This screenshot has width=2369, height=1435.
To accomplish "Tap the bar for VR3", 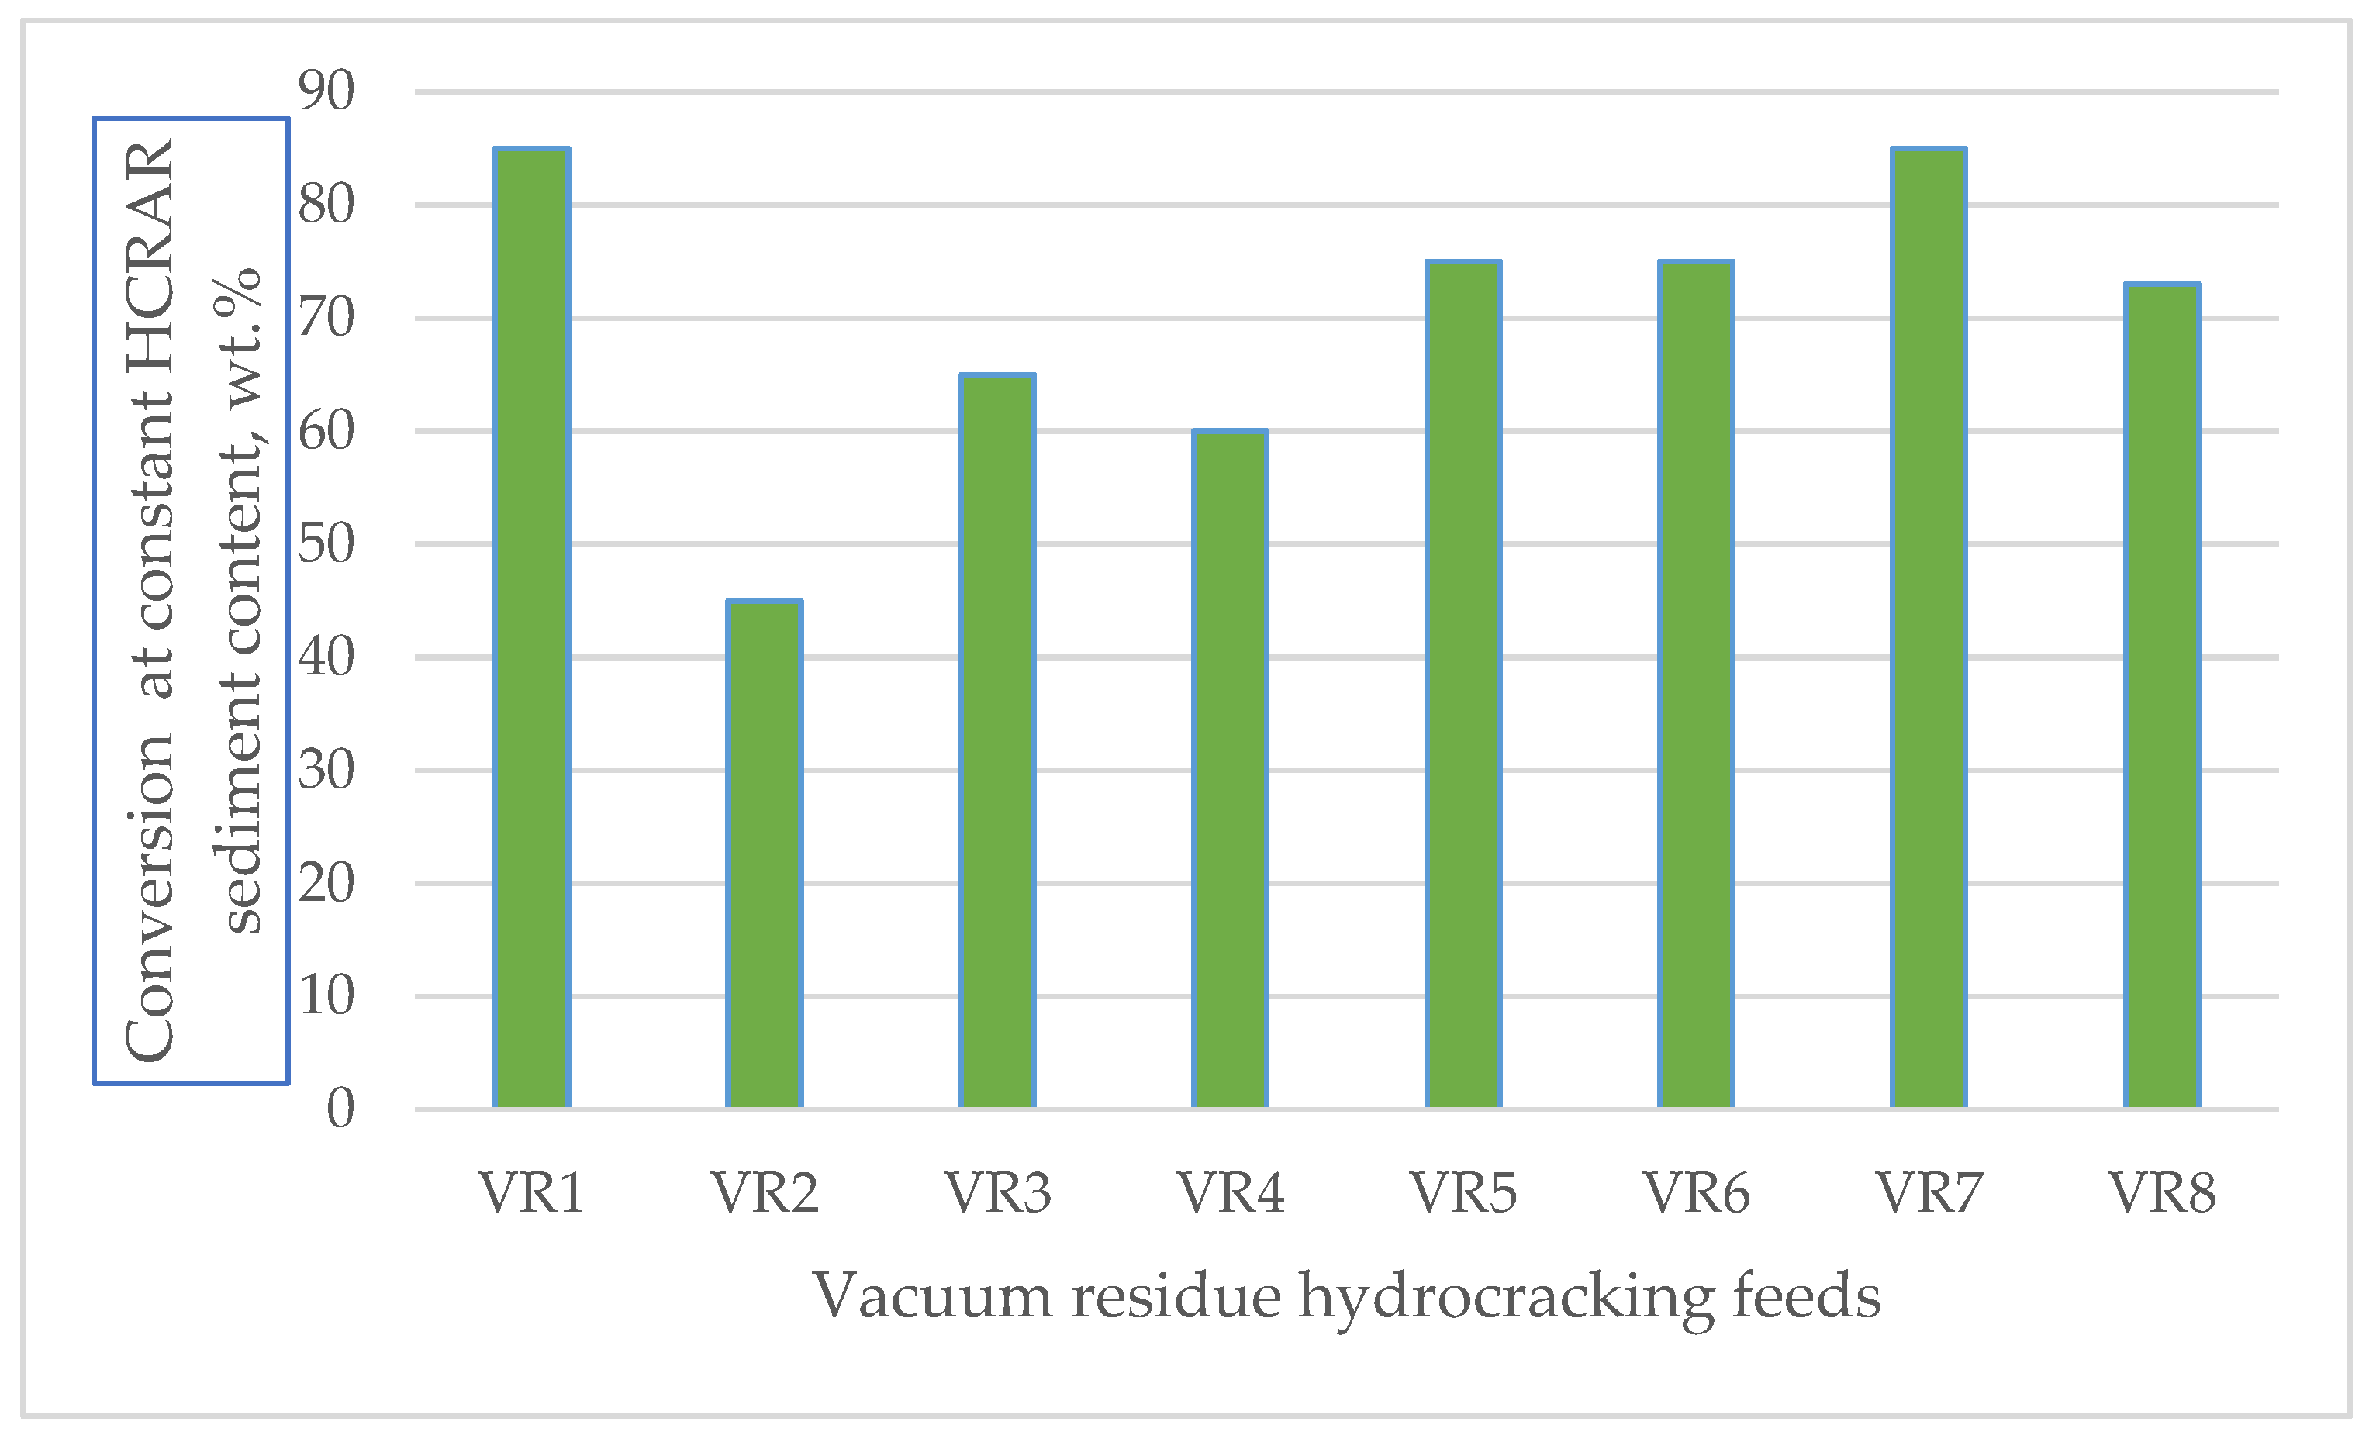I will coord(997,740).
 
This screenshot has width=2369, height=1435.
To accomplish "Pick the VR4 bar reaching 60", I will coord(1230,769).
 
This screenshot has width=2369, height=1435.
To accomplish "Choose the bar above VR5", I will coord(1463,685).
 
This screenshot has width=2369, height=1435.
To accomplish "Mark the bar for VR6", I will coord(1696,685).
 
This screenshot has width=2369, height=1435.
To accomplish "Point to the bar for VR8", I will coord(2162,696).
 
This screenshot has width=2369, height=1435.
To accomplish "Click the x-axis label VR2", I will coord(765,1193).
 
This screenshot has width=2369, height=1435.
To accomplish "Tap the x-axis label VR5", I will coord(1463,1193).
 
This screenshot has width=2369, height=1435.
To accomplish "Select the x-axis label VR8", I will coord(2162,1193).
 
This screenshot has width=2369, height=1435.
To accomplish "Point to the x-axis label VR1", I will coord(532,1193).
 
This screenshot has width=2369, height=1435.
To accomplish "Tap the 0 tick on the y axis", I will coord(340,1109).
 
